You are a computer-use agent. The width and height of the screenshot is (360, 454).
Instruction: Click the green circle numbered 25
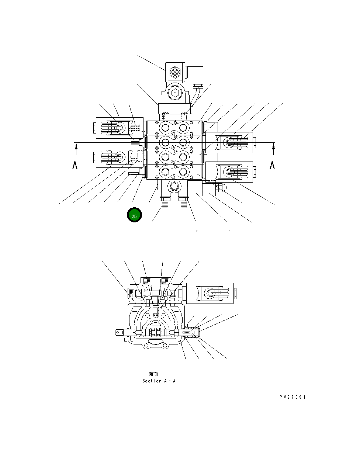coord(134,215)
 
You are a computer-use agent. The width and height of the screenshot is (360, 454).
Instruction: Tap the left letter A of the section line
coord(75,165)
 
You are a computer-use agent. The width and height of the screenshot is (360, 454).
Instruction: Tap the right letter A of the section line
coord(272,165)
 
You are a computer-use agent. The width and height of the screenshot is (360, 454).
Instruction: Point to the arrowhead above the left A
coord(76,146)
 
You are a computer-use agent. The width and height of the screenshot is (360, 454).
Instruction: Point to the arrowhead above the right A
coord(273,146)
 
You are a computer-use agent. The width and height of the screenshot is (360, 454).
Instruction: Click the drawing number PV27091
coord(292,397)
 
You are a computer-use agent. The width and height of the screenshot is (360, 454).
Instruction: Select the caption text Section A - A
coord(159,381)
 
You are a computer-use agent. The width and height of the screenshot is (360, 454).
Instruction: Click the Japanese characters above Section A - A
coord(153,374)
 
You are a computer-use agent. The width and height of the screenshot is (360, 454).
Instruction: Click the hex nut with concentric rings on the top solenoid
coord(175,72)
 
